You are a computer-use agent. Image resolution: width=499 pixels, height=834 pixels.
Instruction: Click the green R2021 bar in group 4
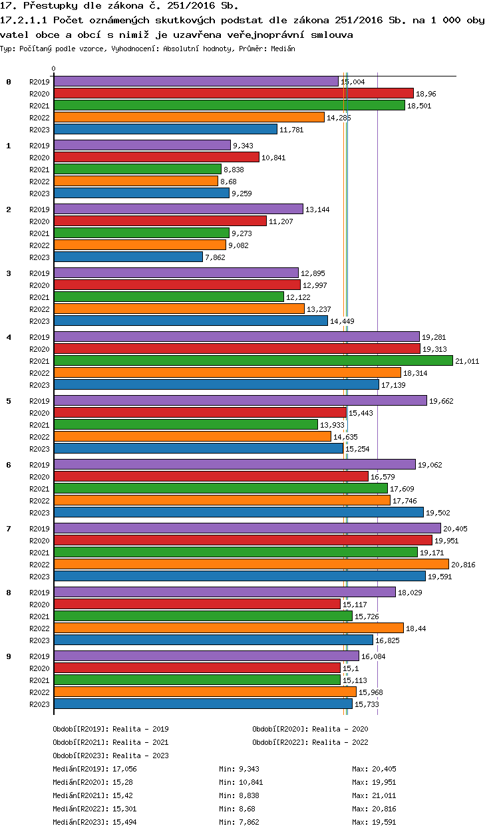(x=253, y=360)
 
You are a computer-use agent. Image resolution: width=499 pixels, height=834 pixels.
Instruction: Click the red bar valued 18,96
(x=233, y=93)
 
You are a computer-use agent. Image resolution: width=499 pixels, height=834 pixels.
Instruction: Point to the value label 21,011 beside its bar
(x=467, y=361)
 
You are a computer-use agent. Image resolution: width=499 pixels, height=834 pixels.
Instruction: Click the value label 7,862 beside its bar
(x=217, y=257)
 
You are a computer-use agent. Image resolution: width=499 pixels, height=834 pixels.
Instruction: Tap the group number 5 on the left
(x=9, y=401)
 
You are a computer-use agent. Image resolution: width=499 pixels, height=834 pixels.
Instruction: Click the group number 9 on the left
(x=9, y=656)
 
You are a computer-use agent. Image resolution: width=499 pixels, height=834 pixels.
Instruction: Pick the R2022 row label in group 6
(x=40, y=501)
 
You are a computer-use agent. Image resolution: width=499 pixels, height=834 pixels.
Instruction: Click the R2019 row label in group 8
(x=40, y=593)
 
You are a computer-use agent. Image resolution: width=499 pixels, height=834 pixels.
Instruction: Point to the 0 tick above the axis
(x=54, y=69)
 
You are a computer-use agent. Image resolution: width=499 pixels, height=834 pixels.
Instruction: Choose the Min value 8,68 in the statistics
(x=247, y=809)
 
